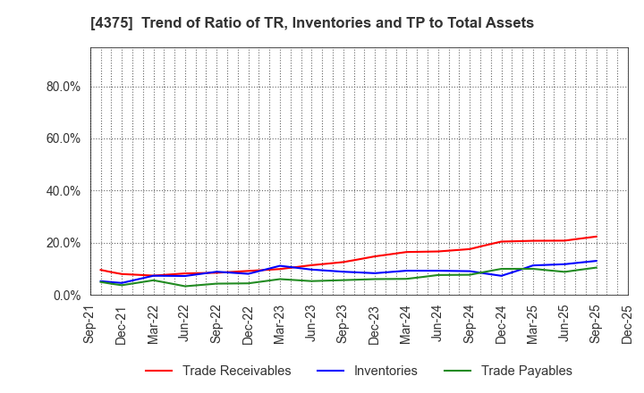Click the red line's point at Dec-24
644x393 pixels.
502,241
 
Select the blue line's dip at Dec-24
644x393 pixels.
502,275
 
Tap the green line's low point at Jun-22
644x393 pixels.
185,286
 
